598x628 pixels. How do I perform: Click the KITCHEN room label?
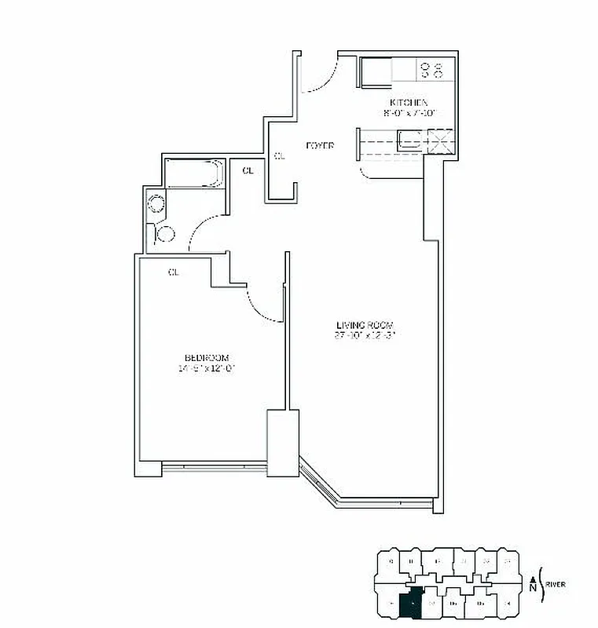coord(409,103)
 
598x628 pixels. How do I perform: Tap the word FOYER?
coord(321,146)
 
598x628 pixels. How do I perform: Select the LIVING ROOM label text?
coord(365,326)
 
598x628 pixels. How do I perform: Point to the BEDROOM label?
coord(204,358)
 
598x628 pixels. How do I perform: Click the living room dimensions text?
coord(365,336)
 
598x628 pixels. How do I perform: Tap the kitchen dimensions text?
coord(409,113)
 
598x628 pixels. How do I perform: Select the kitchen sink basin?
coord(409,141)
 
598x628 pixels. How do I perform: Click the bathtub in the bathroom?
coord(195,173)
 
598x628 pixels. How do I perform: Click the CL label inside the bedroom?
coord(173,272)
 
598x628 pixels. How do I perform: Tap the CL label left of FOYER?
coord(279,156)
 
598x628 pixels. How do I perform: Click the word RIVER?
coord(556,584)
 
